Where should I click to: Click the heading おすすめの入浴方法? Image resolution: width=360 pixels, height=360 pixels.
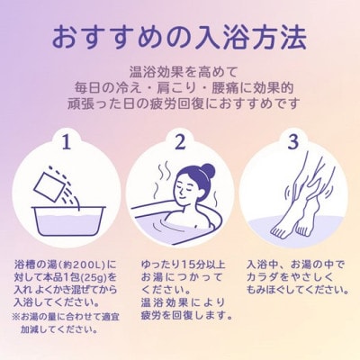point(179,39)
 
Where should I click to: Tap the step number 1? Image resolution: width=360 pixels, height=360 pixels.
point(65,141)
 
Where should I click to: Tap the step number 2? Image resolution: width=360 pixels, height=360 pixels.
point(179,141)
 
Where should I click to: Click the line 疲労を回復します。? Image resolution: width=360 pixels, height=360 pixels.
point(186,316)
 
